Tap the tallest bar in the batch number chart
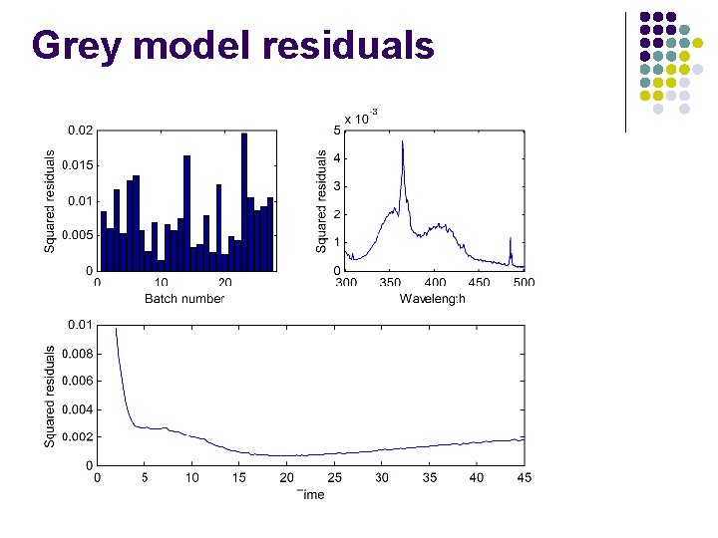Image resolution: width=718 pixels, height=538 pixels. [244, 199]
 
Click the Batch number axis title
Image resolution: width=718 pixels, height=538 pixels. [185, 298]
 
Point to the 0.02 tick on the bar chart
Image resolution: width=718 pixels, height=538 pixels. [80, 131]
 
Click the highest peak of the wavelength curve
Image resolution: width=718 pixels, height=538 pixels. [403, 141]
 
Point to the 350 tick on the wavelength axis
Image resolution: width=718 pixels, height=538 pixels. [391, 283]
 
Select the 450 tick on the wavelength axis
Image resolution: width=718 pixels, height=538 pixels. [480, 283]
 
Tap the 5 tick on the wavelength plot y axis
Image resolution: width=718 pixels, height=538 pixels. [336, 130]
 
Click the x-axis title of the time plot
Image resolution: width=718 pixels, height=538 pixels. [310, 494]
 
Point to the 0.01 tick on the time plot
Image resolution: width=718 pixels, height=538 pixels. [80, 325]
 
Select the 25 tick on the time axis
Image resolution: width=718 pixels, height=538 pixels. [334, 478]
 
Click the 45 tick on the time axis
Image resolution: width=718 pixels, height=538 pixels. [524, 478]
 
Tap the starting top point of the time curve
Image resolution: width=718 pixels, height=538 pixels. [116, 328]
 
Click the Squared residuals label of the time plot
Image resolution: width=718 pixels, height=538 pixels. [50, 396]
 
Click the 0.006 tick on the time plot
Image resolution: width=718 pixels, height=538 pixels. [77, 381]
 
